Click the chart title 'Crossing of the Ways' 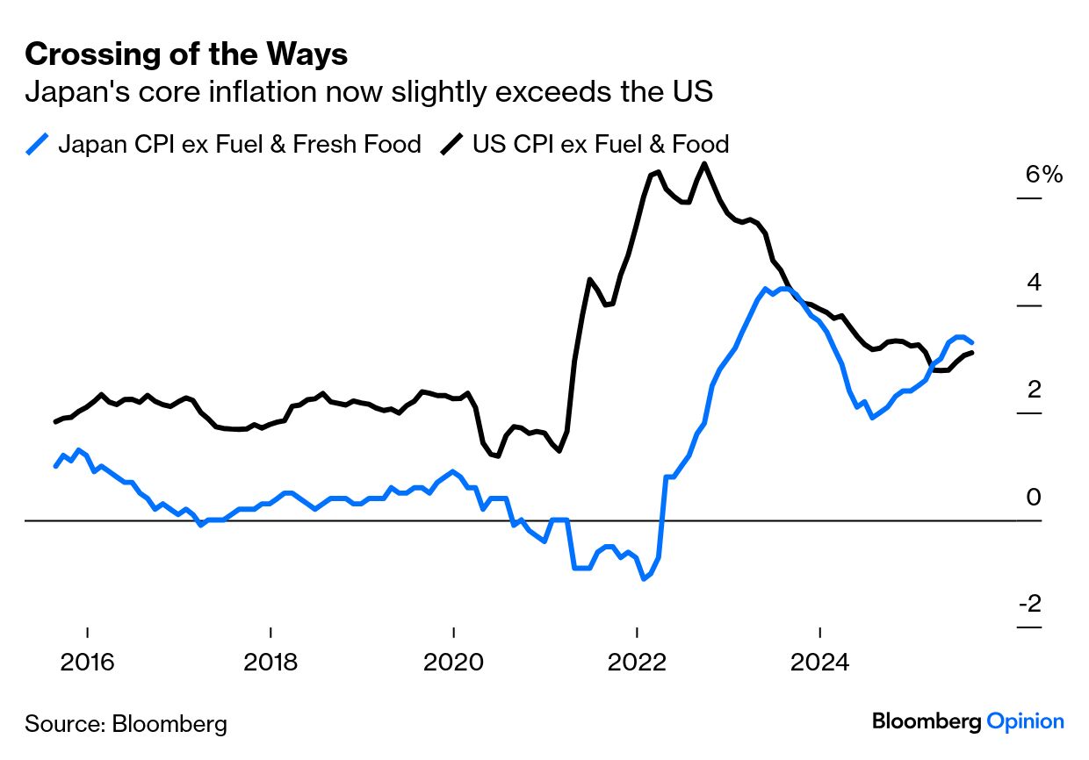tap(186, 54)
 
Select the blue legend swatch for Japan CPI tap(38, 143)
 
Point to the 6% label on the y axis tap(1043, 175)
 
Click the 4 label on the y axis tap(1033, 283)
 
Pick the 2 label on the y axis tap(1033, 390)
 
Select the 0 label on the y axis tap(1033, 498)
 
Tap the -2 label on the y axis tap(1029, 605)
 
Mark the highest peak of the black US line tap(704, 163)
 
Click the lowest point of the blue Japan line tap(645, 578)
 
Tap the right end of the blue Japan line tap(971, 342)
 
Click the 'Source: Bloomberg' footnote tap(126, 724)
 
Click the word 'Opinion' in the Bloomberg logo tap(1025, 721)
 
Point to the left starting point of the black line tap(55, 422)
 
